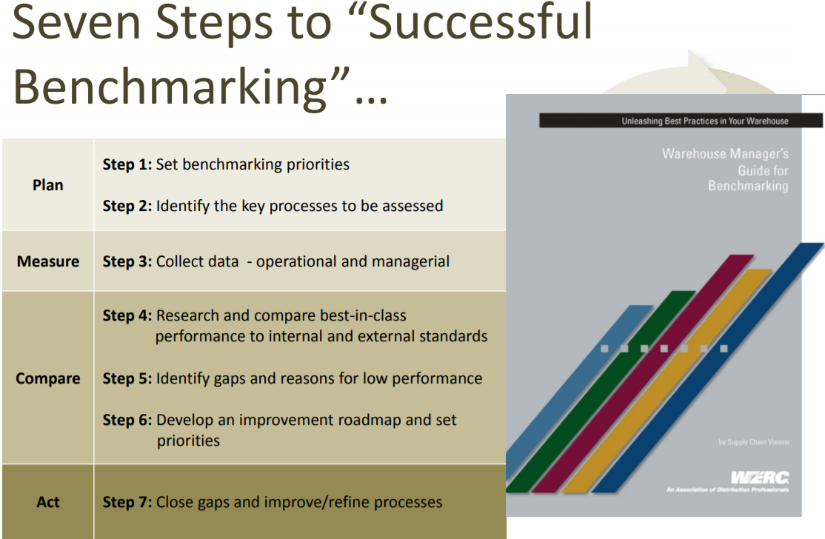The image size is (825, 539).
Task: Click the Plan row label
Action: (47, 185)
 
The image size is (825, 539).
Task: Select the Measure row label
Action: (47, 261)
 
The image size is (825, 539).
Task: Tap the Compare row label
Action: (47, 378)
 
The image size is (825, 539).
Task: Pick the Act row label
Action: (47, 502)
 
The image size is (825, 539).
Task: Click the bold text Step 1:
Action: (127, 164)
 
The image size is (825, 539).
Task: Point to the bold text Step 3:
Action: (127, 261)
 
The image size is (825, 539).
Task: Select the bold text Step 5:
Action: (127, 378)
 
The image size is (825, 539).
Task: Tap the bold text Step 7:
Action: (127, 502)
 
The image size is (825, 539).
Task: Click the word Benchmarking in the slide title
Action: (170, 87)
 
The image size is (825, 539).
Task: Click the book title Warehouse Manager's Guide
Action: (726, 170)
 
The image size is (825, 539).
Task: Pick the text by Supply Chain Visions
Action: (753, 442)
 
